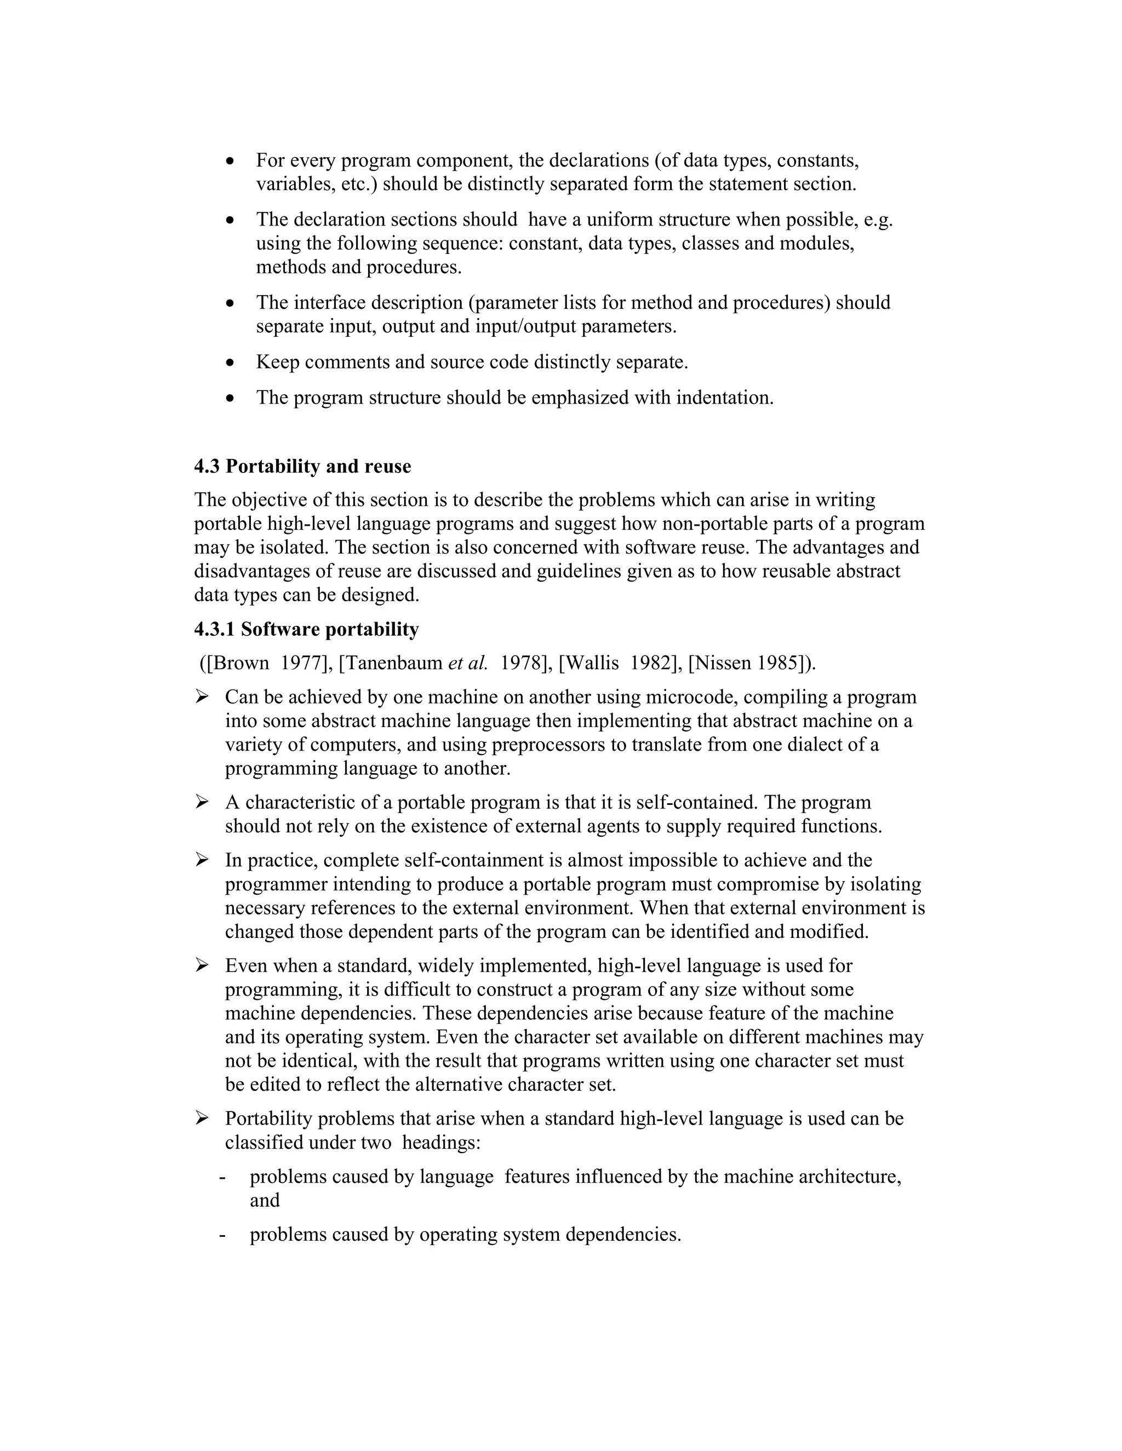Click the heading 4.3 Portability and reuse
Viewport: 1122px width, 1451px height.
(x=302, y=467)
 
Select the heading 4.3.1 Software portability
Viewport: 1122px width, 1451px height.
(x=306, y=629)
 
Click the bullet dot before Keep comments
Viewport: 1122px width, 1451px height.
(x=230, y=362)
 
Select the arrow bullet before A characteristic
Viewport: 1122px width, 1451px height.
(x=202, y=803)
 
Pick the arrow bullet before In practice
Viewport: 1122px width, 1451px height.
(x=202, y=860)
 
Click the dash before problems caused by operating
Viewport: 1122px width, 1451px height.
(x=222, y=1235)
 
